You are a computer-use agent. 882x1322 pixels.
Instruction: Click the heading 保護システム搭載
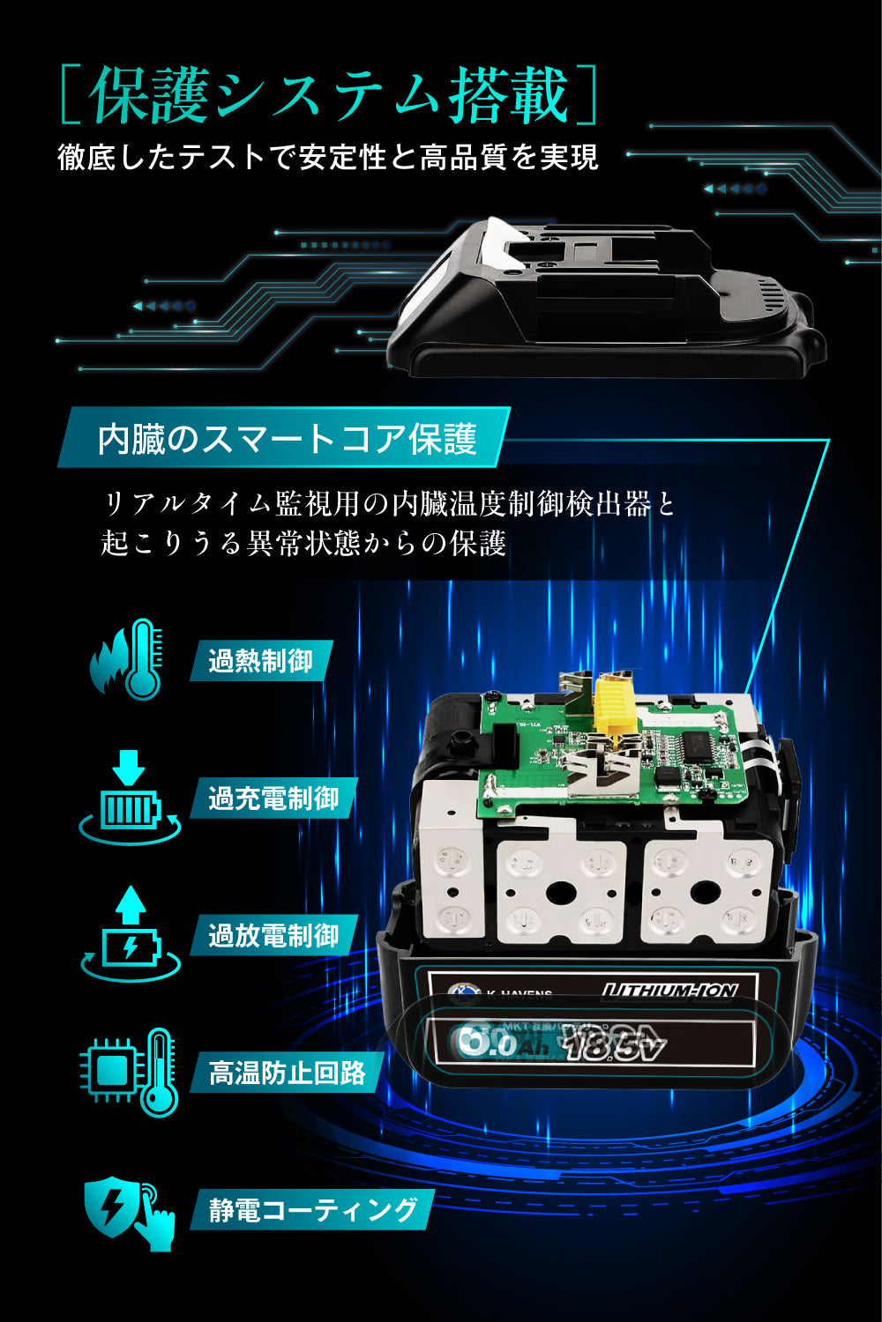click(329, 94)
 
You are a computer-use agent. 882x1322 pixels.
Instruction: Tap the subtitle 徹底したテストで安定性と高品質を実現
click(328, 157)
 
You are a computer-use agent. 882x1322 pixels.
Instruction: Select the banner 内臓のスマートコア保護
click(287, 438)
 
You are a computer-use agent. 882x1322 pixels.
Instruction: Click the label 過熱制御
click(260, 661)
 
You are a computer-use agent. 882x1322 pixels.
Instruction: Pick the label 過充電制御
click(273, 798)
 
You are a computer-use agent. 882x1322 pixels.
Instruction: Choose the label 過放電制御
click(273, 935)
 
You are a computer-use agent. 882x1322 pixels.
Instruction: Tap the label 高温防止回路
click(287, 1073)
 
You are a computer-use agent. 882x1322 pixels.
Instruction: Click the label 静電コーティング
click(313, 1209)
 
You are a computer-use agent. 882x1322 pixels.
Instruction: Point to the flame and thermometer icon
click(128, 660)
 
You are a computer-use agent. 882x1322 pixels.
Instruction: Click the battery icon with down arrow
click(130, 798)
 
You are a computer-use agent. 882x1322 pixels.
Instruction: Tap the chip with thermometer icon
click(131, 1072)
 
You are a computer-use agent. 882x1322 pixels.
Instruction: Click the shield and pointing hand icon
click(131, 1213)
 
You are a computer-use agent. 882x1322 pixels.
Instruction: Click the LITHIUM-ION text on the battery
click(669, 991)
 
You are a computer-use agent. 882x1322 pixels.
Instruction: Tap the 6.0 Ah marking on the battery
click(498, 1044)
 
